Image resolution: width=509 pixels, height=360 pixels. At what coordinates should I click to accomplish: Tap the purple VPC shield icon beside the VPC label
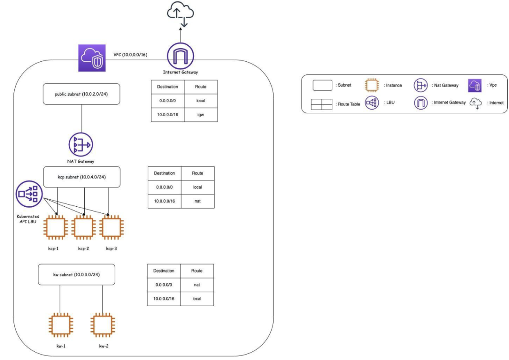[x=91, y=57]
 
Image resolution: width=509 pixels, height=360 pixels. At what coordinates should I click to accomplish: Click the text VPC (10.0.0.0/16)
[x=130, y=54]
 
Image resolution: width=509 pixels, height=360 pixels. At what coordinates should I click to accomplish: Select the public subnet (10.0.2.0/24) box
[x=82, y=94]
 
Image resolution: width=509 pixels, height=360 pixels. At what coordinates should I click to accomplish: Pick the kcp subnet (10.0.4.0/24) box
[x=82, y=177]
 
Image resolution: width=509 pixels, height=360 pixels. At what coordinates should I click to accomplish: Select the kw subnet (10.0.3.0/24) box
[x=77, y=275]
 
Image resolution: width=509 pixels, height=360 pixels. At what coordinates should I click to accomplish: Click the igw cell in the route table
[x=201, y=114]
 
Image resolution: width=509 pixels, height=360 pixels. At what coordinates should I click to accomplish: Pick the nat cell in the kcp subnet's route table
[x=198, y=201]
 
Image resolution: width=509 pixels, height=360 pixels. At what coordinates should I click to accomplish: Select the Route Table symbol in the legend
[x=321, y=104]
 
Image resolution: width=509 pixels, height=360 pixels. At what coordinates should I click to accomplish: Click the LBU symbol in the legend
[x=372, y=103]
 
